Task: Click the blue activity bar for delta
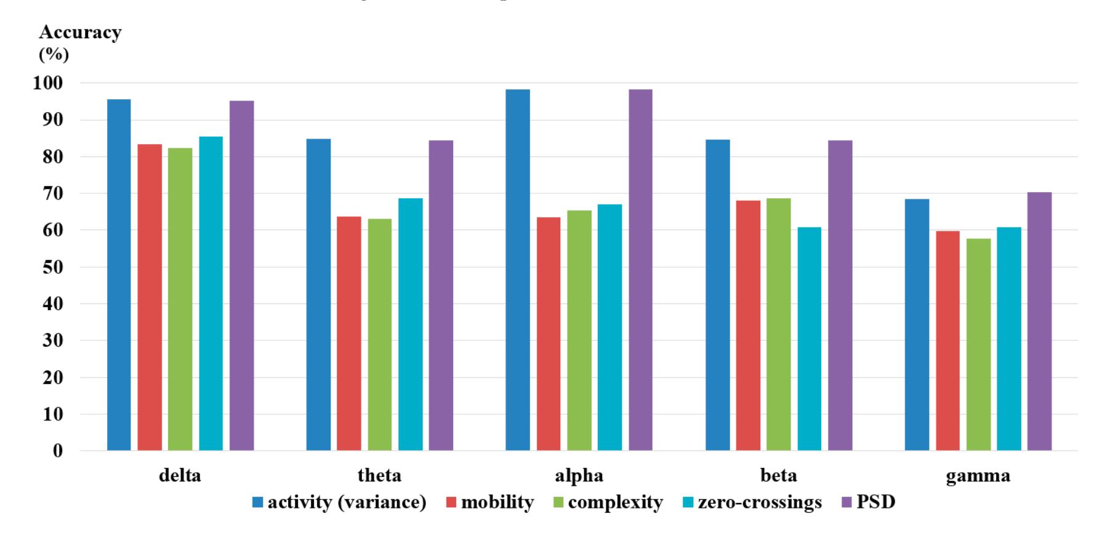(x=119, y=275)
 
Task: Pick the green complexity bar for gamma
(x=978, y=344)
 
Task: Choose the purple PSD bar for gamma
(x=1039, y=321)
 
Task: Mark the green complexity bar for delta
(x=180, y=299)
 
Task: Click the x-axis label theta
(x=379, y=476)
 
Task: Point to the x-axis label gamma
(x=978, y=476)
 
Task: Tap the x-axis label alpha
(x=579, y=476)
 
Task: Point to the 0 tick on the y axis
(x=57, y=451)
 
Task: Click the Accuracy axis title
(x=80, y=33)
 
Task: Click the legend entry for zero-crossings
(x=760, y=502)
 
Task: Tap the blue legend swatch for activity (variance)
(x=258, y=503)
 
